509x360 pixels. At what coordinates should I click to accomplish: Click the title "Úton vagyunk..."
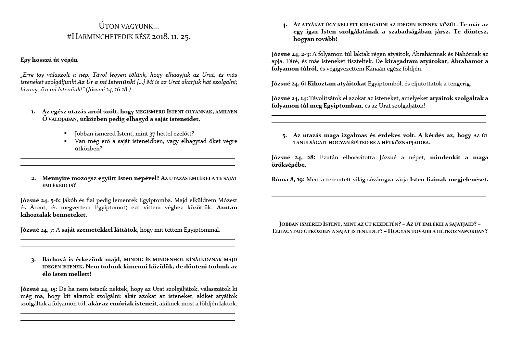click(129, 26)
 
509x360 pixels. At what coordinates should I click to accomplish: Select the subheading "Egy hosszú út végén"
click(49, 60)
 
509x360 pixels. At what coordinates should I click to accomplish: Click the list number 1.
click(33, 112)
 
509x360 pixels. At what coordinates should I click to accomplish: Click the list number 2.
click(33, 178)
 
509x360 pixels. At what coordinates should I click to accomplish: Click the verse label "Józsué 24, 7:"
click(38, 230)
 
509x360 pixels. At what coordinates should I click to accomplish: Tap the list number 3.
click(33, 260)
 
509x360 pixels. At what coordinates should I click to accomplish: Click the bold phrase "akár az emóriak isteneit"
click(122, 304)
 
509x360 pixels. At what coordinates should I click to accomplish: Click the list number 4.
click(285, 25)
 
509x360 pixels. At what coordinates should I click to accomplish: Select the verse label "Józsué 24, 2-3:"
click(291, 54)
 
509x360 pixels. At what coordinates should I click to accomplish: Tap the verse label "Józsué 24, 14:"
click(290, 98)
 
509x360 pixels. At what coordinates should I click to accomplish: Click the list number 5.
click(285, 136)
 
